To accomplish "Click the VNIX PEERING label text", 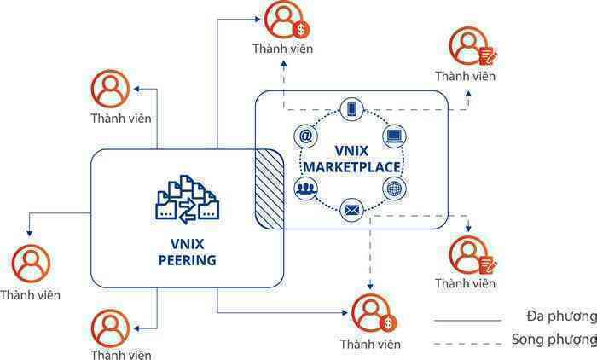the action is [x=188, y=252].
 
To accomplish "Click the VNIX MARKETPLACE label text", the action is [x=351, y=159].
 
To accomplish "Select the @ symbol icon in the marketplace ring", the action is [x=305, y=136].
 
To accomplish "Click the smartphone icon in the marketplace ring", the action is [x=351, y=110].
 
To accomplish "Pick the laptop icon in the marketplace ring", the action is [x=394, y=136].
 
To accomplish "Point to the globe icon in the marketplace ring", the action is [x=394, y=189].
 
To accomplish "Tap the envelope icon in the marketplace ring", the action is [x=351, y=210].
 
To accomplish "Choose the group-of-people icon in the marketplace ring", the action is [x=305, y=189].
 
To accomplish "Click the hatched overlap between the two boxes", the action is [x=270, y=189].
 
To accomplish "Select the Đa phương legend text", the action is [x=561, y=316].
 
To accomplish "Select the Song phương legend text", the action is [x=554, y=339].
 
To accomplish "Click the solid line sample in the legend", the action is [x=467, y=321].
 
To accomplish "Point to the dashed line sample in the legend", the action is [x=467, y=344].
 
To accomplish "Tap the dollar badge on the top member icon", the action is [x=301, y=29].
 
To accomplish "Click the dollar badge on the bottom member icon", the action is [x=388, y=323].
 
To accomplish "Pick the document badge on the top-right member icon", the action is [x=488, y=56].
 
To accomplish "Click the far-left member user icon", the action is [x=31, y=264].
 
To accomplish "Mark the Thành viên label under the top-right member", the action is [x=466, y=76].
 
